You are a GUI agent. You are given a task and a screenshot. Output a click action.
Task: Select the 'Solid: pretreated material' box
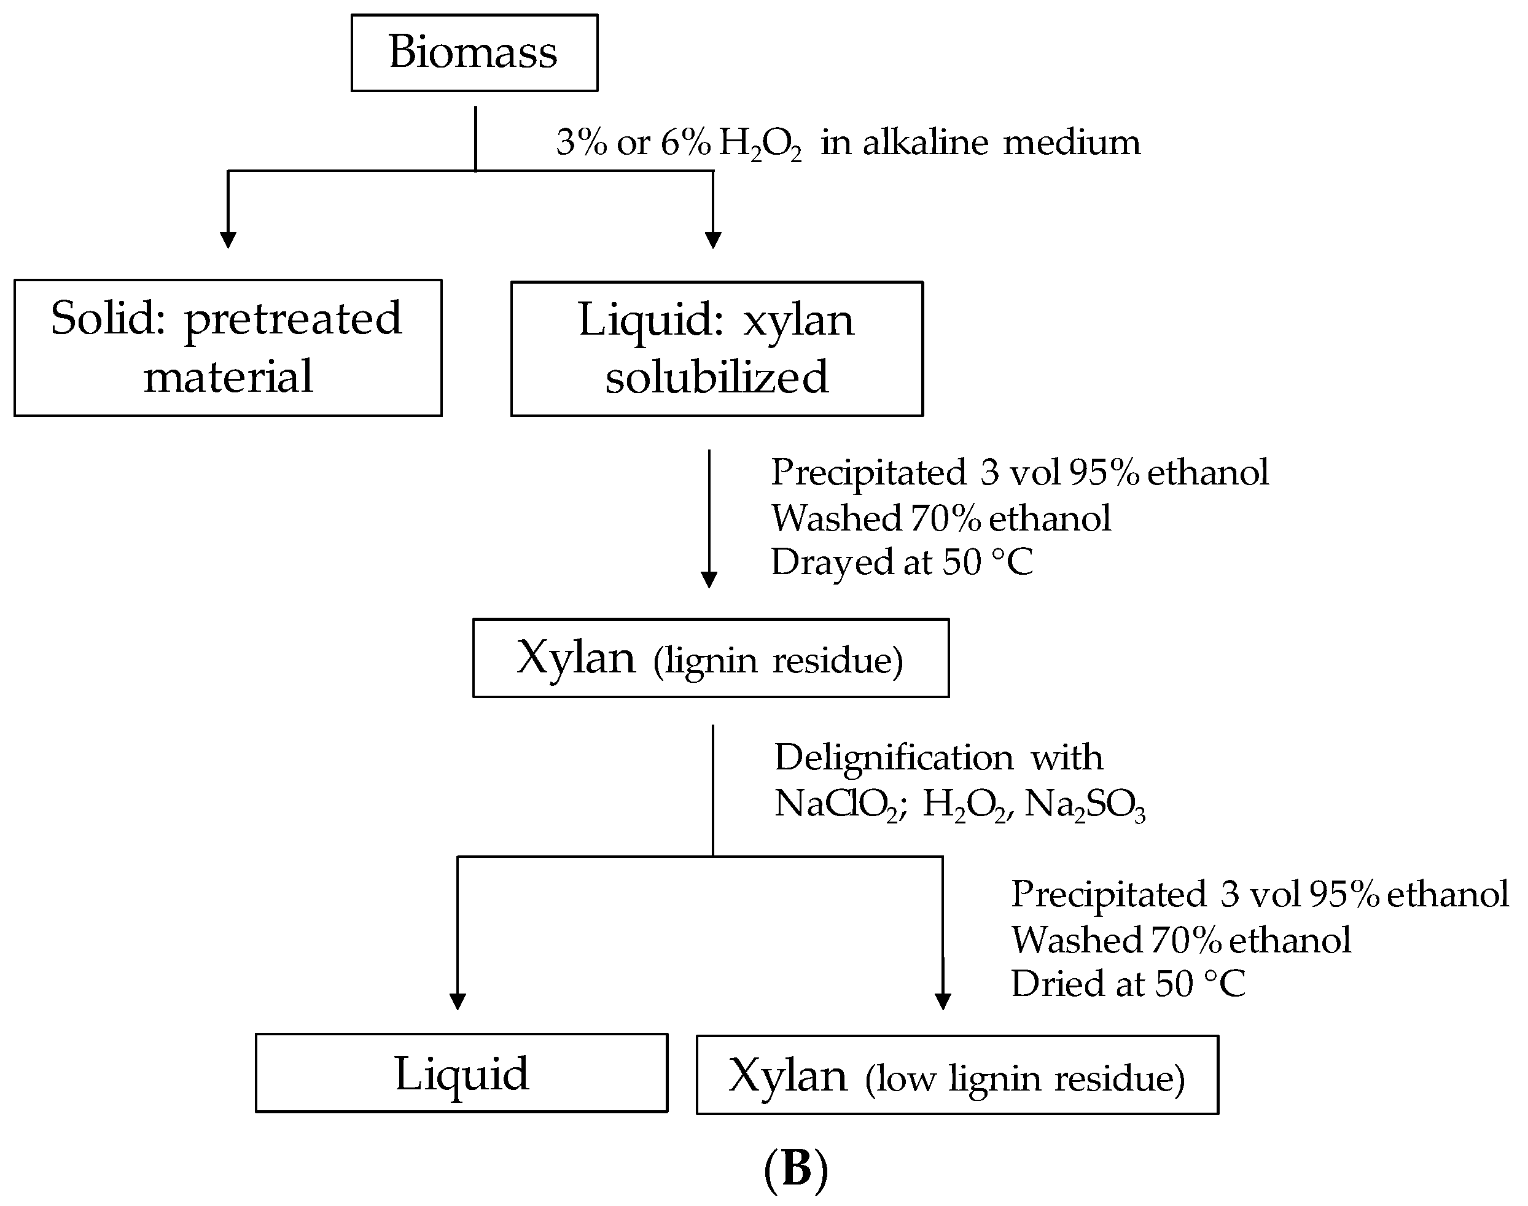point(227,348)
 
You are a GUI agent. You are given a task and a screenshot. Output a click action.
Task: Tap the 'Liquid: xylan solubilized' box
point(716,349)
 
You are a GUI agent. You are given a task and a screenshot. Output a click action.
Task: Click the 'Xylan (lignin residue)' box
point(711,658)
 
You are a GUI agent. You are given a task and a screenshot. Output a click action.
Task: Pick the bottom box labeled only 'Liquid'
point(461,1073)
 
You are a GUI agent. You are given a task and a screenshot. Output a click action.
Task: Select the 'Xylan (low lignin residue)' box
point(957,1075)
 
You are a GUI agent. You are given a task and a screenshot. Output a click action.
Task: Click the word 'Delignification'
point(893,758)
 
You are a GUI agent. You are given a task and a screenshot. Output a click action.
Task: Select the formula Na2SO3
point(1084,804)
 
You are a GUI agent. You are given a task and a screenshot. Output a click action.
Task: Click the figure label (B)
point(796,1169)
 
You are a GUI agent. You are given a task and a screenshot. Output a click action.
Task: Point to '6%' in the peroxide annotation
point(685,142)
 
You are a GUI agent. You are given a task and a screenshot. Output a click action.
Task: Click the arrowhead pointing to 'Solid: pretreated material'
point(227,239)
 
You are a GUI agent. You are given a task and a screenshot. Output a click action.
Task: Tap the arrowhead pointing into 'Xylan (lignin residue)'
point(709,580)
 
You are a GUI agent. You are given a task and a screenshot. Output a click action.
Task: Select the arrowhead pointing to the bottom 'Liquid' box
point(458,1002)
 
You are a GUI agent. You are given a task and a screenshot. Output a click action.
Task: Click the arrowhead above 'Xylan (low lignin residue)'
point(943,1002)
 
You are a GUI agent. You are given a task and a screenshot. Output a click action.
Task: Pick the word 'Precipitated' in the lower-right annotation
point(1108,894)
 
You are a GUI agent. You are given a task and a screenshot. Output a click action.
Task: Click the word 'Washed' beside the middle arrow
point(835,518)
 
